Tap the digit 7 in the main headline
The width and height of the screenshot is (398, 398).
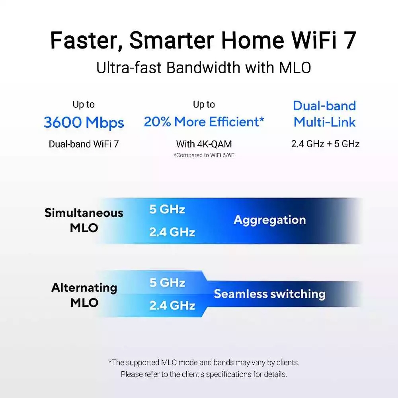point(350,40)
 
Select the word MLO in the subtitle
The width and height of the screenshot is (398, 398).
point(295,68)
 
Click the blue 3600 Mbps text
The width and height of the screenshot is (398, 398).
point(84,123)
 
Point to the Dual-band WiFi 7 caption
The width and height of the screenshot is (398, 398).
point(84,144)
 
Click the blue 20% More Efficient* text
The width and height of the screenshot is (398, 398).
point(204,121)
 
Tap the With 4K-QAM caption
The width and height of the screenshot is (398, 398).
point(204,144)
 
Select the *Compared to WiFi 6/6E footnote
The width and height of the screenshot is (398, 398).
point(204,155)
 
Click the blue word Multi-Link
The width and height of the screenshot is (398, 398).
point(324,122)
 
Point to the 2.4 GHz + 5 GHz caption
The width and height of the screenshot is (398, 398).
point(325,144)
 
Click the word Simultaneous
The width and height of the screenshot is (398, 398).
point(84,213)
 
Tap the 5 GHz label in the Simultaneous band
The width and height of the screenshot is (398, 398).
point(167,209)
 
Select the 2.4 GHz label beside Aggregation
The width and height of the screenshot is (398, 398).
point(172,232)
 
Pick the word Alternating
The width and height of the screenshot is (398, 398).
point(84,288)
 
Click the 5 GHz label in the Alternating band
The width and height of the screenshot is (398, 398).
point(167,283)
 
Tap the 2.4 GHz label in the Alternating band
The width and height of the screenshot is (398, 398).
point(172,305)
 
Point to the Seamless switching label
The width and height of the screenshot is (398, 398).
point(269,294)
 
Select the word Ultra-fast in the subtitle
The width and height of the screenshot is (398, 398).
point(129,68)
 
